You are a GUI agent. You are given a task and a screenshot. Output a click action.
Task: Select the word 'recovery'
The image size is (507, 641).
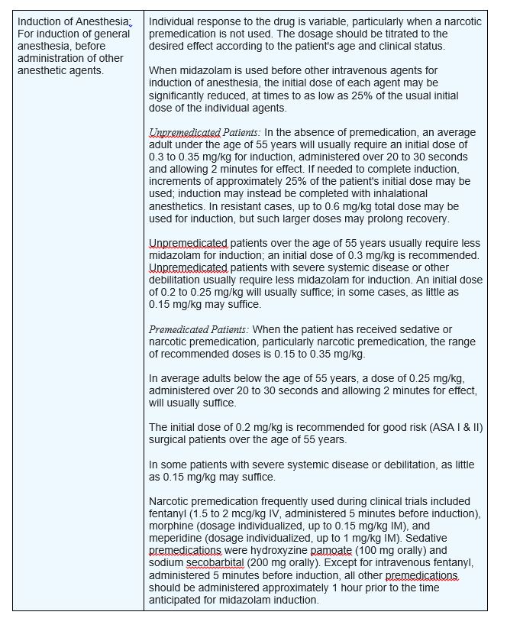(424, 218)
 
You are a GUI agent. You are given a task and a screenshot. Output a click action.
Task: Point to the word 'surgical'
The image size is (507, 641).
(170, 439)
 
